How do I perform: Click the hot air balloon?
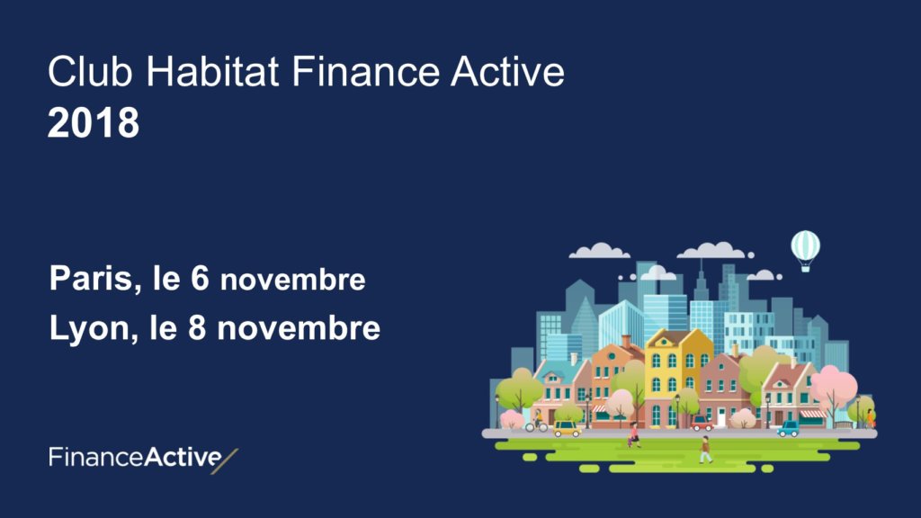click(805, 251)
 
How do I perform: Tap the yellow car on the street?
click(567, 429)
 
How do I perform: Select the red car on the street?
click(702, 423)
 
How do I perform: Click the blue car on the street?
click(788, 429)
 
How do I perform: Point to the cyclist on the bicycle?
click(536, 422)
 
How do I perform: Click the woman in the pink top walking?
click(634, 435)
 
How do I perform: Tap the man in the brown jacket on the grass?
click(705, 450)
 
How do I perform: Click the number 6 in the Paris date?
click(200, 278)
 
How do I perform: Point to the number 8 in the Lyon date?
click(197, 327)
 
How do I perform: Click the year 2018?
click(94, 122)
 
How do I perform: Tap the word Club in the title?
click(91, 72)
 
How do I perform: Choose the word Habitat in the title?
click(212, 72)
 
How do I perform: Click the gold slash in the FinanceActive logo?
click(224, 461)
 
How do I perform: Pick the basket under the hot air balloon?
click(805, 268)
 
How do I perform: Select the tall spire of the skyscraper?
click(701, 276)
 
